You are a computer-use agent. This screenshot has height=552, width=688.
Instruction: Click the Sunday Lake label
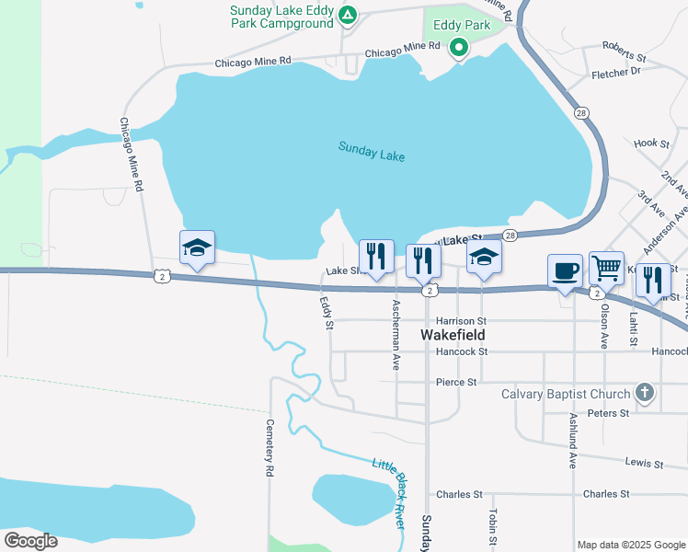click(x=371, y=151)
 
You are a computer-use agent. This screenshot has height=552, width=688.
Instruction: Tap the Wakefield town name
click(x=453, y=335)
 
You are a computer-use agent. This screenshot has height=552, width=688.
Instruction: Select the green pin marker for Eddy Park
click(x=458, y=48)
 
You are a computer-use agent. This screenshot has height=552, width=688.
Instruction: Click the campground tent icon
click(x=347, y=15)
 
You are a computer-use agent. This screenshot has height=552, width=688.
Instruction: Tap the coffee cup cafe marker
click(x=565, y=271)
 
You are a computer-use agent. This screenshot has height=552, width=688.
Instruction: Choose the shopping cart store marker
click(x=606, y=269)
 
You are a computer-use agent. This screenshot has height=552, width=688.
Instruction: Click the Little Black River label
click(x=388, y=491)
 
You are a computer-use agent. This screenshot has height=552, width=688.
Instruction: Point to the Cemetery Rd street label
click(x=269, y=448)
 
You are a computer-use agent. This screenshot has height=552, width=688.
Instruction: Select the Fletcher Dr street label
click(x=616, y=72)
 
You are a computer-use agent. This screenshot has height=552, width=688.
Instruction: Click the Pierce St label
click(x=456, y=382)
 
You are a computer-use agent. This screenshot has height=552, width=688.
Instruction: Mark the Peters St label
click(x=608, y=414)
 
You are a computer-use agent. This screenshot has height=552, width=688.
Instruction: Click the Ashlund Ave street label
click(x=572, y=440)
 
